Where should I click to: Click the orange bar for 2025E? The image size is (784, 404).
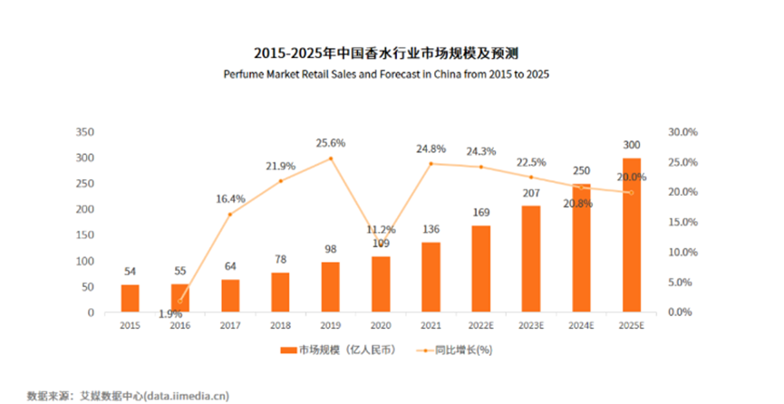631,236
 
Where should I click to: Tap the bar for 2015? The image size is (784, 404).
131,299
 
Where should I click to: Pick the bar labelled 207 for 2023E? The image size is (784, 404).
530,259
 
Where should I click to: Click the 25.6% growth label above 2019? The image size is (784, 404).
331,143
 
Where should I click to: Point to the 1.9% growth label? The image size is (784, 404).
169,314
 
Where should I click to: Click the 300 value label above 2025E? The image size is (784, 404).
631,144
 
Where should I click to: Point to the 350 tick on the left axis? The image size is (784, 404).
85,132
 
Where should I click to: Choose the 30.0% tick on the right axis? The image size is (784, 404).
682,132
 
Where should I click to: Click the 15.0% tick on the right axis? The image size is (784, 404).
682,222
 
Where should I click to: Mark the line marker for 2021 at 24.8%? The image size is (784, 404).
431,164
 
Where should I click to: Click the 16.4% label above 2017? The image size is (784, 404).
230,198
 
